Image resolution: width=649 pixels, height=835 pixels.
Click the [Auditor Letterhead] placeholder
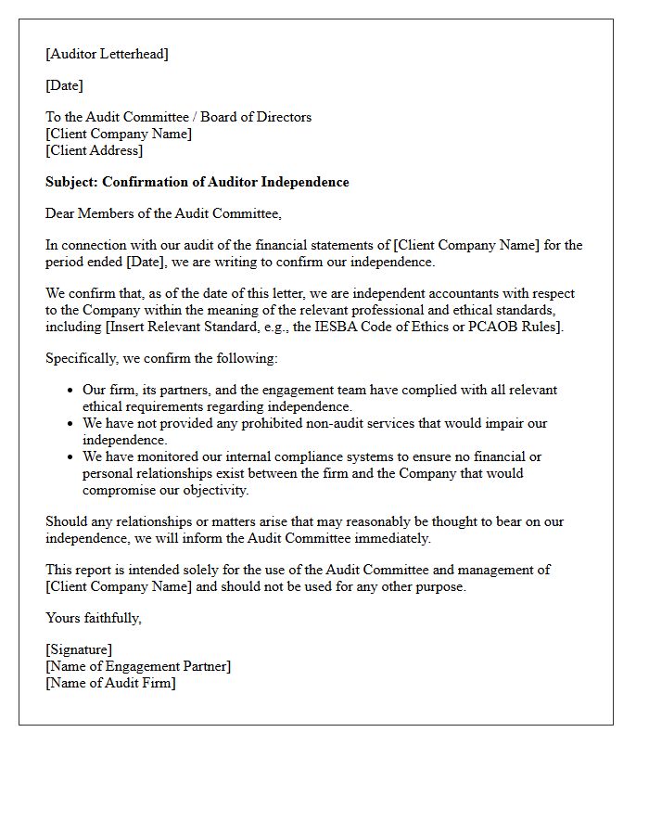pyautogui.click(x=107, y=54)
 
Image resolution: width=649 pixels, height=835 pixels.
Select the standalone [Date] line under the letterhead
pyautogui.click(x=64, y=85)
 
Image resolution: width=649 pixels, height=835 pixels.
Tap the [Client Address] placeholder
pyautogui.click(x=94, y=150)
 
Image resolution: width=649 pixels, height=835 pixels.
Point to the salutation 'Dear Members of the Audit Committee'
pyautogui.click(x=163, y=213)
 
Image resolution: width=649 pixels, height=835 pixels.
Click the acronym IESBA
pyautogui.click(x=378, y=327)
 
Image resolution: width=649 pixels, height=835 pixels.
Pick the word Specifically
pyautogui.click(x=84, y=358)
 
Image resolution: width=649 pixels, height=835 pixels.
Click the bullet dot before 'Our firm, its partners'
pyautogui.click(x=70, y=391)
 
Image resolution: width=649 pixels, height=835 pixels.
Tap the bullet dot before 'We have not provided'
pyautogui.click(x=70, y=424)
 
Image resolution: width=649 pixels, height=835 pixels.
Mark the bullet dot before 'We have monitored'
pyautogui.click(x=70, y=457)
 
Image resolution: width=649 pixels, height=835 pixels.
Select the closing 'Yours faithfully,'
pyautogui.click(x=94, y=618)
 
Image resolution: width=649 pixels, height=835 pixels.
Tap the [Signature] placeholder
pyautogui.click(x=79, y=649)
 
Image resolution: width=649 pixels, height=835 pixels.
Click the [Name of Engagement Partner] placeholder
pyautogui.click(x=138, y=666)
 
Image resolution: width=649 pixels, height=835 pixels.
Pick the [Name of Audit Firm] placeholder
pyautogui.click(x=110, y=683)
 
